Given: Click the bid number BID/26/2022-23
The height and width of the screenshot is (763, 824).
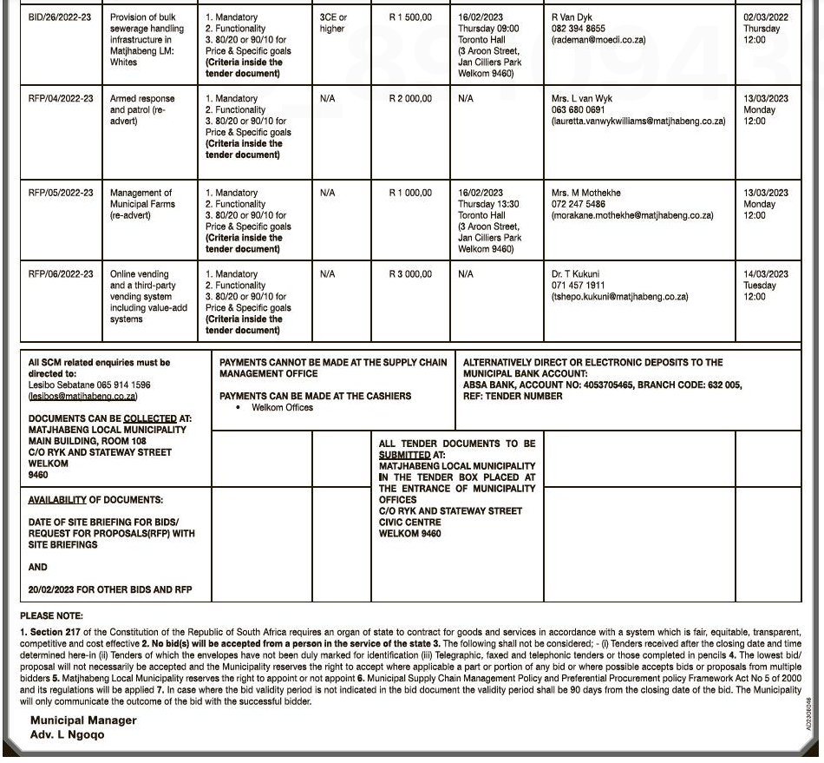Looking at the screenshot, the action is [x=61, y=17].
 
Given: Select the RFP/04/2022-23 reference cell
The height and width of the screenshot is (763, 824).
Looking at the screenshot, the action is [x=61, y=99].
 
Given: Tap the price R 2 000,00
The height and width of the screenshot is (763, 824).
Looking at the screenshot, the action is [x=410, y=99].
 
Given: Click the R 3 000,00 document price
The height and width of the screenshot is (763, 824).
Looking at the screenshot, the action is [x=410, y=274].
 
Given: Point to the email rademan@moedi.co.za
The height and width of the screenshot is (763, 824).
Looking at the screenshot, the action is [x=598, y=40].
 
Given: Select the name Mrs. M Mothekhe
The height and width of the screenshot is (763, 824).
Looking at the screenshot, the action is [x=586, y=193].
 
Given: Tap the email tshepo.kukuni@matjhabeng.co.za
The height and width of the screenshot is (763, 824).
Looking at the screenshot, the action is [x=619, y=297].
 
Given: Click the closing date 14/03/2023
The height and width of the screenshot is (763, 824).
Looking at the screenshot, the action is [x=766, y=274].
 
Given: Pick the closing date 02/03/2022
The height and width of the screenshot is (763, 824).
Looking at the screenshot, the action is [x=766, y=17].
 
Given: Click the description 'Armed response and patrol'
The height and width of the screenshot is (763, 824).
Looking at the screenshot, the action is [x=142, y=110].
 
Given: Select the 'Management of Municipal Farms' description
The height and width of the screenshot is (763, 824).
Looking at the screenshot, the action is [x=141, y=204].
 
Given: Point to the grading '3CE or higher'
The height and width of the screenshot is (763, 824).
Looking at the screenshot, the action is [x=333, y=23].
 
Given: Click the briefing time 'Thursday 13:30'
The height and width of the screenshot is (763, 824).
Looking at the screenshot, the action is [x=488, y=204].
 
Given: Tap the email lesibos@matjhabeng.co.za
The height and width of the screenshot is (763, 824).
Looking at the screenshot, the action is [x=82, y=397].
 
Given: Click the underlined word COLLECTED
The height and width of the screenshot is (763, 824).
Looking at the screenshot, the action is [x=150, y=418].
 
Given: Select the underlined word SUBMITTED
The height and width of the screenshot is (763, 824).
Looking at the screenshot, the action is [x=404, y=455].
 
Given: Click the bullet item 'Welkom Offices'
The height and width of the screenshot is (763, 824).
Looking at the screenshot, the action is [x=282, y=408].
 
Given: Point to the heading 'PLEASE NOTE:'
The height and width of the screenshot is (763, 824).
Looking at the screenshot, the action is [x=51, y=616].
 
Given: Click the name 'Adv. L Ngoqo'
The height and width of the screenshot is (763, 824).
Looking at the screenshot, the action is [x=67, y=734].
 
